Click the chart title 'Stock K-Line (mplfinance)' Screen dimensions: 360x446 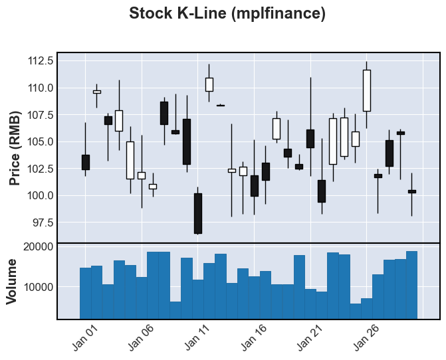tap(227, 13)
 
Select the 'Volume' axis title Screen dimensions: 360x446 tap(12, 282)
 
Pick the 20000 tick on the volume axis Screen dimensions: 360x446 tap(37, 246)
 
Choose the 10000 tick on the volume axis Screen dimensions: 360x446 tap(37, 287)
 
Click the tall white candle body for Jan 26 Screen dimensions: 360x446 tap(366, 90)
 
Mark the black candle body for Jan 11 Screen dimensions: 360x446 tap(198, 213)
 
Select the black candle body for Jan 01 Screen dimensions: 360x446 tap(85, 162)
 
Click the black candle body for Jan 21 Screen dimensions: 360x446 tap(310, 138)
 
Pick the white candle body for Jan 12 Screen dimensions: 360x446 tap(209, 84)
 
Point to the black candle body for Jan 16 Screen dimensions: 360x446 tap(255, 186)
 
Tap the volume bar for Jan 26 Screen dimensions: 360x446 tap(366, 309)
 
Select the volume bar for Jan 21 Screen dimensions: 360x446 tap(310, 304)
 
